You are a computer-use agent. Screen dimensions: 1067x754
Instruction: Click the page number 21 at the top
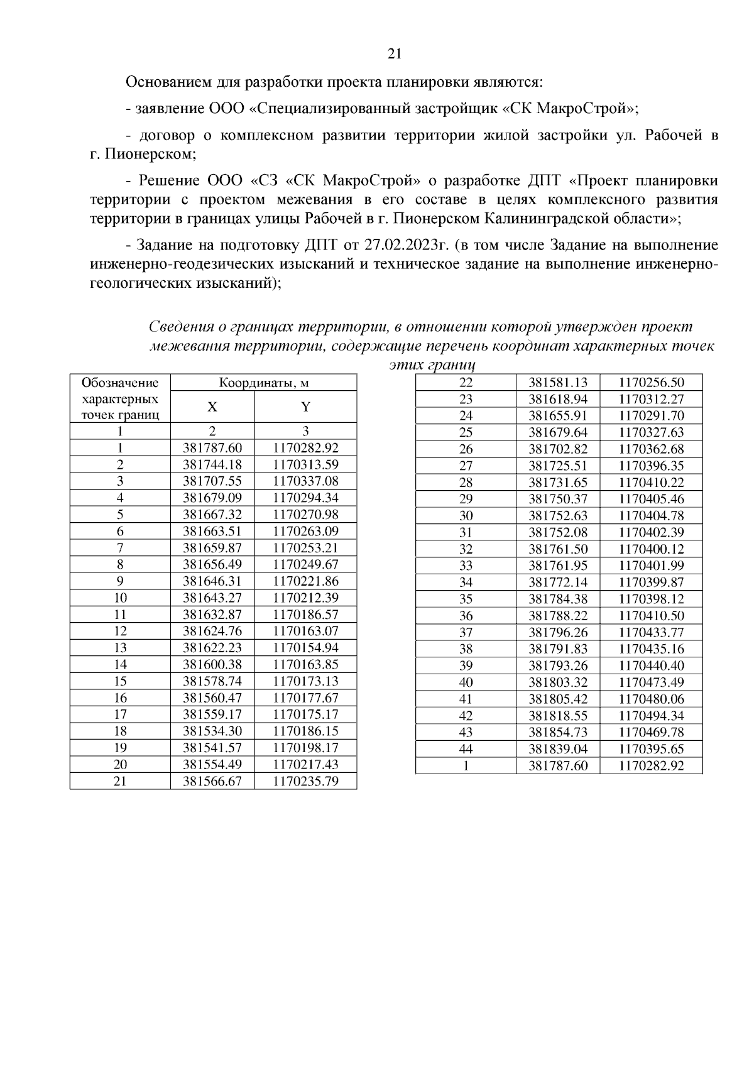tap(395, 53)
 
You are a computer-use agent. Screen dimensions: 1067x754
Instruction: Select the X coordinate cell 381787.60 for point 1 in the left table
tap(212, 448)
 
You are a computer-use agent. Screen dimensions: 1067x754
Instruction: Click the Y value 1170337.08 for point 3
tap(305, 481)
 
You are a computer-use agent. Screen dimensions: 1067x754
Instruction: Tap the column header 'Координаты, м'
tap(263, 383)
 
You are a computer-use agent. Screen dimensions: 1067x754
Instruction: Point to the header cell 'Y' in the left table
tap(305, 407)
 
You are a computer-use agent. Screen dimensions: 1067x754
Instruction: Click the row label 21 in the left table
tap(120, 781)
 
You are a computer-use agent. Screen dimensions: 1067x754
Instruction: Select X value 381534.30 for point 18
tap(212, 731)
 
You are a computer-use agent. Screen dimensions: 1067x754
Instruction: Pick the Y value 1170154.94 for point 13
tap(305, 648)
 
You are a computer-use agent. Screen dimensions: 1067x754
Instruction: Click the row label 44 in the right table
tap(466, 748)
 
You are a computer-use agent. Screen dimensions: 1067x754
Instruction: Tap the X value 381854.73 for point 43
tap(558, 732)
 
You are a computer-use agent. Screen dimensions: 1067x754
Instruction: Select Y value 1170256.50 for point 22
tap(651, 383)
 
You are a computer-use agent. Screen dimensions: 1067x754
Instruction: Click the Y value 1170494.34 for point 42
tap(651, 715)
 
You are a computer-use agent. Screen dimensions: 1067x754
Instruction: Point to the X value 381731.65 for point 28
tap(558, 482)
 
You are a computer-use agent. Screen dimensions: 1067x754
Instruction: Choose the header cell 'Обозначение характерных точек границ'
tap(120, 398)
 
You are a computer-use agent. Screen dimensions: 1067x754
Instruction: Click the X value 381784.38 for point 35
tap(558, 599)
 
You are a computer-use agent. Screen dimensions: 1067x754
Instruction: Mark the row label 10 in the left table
tap(120, 598)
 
